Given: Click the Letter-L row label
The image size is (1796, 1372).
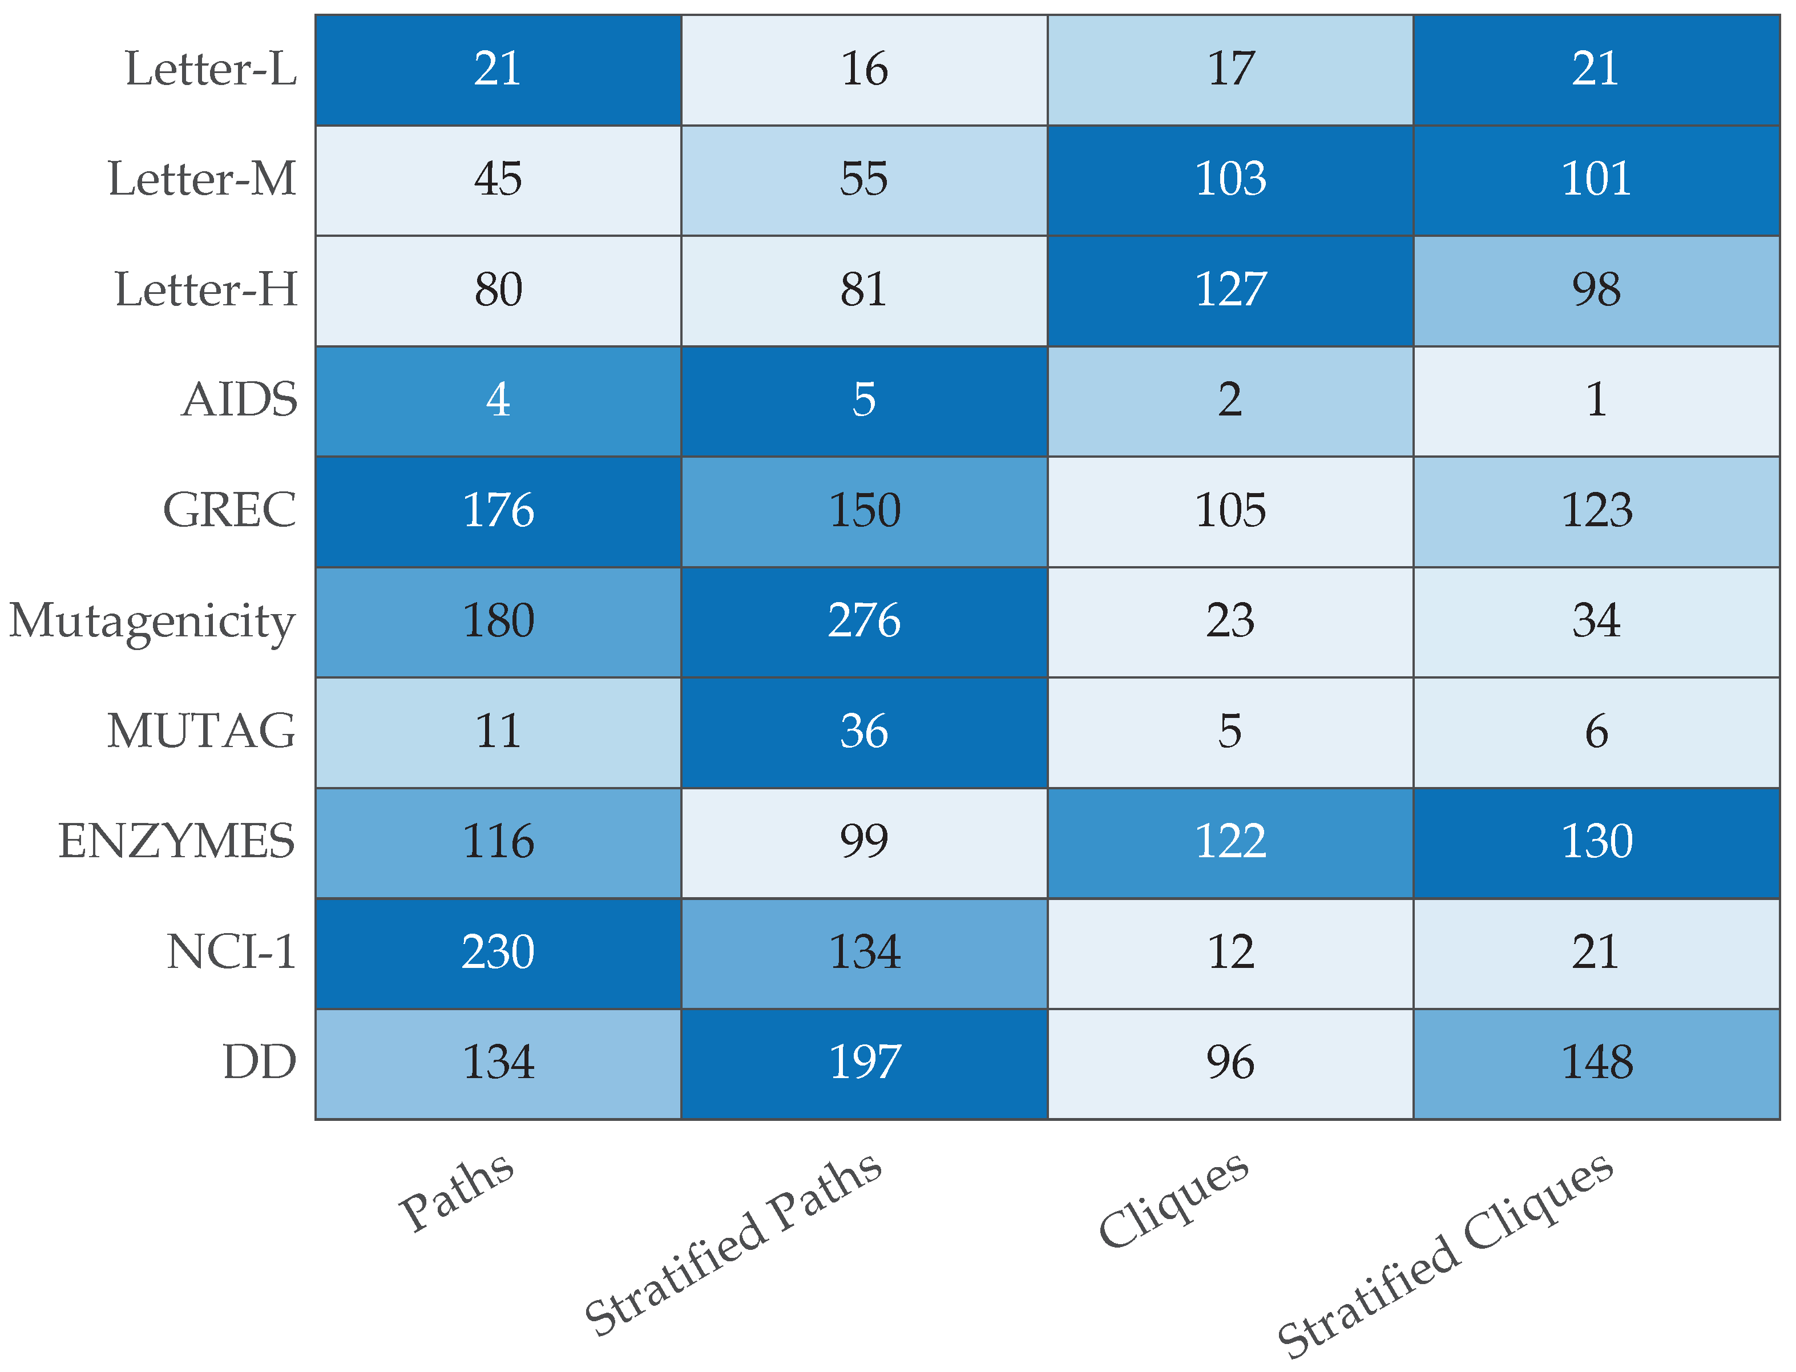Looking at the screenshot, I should pos(211,68).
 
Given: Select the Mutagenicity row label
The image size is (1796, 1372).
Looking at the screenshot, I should pos(152,622).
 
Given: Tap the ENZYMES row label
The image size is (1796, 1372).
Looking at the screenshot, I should pos(176,842).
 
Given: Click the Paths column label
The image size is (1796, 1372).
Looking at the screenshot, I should pos(456,1192).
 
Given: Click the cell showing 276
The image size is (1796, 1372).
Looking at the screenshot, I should pos(864,622).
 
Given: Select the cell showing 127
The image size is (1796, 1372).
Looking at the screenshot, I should pos(1230,290).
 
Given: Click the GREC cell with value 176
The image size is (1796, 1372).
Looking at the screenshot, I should pos(498,511).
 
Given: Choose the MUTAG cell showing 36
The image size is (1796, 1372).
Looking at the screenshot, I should pos(864,732).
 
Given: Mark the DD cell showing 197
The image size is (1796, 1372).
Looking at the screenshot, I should pos(864,1063).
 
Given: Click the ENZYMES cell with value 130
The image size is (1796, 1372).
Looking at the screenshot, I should pos(1596,842).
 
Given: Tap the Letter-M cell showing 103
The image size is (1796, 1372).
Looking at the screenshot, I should pos(1230,180).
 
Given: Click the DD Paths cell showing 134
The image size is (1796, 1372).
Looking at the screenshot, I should pos(498,1063).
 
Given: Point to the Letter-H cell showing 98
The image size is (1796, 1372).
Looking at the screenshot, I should pos(1596,290).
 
